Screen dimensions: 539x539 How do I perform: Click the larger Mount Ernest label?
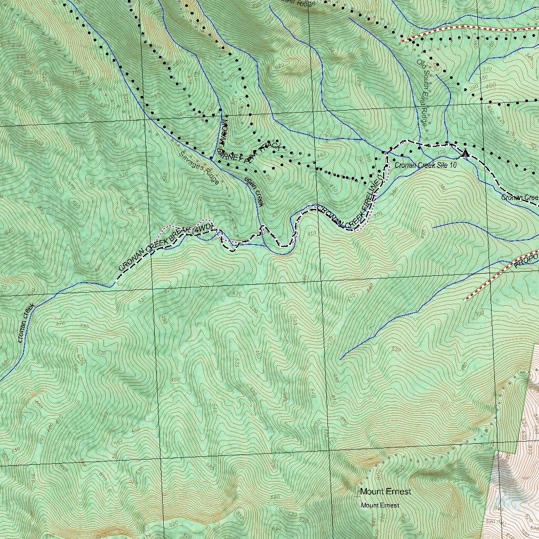click(x=385, y=492)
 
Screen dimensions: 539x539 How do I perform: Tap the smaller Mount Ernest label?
click(x=380, y=505)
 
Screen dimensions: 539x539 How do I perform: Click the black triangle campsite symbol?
click(x=465, y=153)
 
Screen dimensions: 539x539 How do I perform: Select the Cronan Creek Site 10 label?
click(x=425, y=165)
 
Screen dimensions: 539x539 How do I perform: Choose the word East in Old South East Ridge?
click(x=423, y=100)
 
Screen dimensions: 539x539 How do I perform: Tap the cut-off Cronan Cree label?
click(x=520, y=198)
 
